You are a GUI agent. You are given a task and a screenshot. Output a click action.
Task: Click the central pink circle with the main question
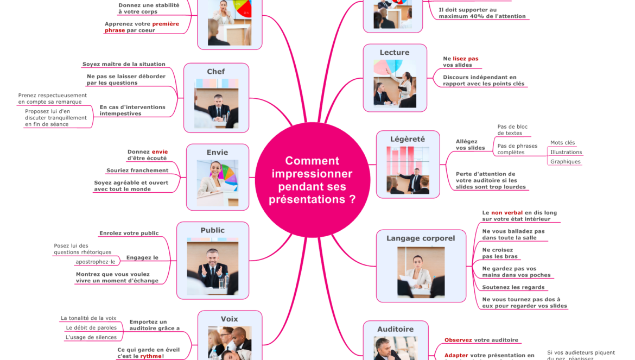[312, 180]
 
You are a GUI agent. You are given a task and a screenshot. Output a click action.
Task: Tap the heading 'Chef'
[216, 72]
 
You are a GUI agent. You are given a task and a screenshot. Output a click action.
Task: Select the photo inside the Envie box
[217, 182]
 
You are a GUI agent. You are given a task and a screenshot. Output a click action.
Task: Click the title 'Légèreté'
[408, 139]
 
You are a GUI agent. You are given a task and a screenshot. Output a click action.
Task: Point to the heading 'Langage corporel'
[421, 238]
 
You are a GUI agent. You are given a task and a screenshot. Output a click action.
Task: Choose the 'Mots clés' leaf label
[562, 143]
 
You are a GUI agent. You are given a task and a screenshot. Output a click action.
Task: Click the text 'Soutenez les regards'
[513, 287]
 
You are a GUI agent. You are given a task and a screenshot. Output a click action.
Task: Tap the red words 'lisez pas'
[466, 59]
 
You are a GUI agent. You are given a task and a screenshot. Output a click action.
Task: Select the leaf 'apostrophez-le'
[96, 262]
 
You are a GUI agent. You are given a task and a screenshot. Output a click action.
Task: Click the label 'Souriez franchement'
[137, 170]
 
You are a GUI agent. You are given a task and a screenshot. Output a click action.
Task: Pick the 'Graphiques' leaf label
[565, 162]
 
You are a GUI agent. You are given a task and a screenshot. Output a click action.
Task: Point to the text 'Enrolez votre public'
[129, 233]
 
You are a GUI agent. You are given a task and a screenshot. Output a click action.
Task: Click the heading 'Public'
[212, 230]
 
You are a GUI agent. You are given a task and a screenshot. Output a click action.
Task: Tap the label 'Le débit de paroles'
[91, 328]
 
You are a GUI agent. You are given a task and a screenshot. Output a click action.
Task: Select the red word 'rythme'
[151, 356]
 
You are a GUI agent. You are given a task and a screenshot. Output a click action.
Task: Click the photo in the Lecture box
[395, 83]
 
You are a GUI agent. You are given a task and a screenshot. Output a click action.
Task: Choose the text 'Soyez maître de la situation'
[124, 64]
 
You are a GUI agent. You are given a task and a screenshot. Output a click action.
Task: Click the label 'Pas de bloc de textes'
[512, 130]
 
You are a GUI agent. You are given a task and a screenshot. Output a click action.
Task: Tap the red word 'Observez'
[458, 340]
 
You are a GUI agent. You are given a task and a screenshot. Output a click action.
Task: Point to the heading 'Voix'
[229, 319]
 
